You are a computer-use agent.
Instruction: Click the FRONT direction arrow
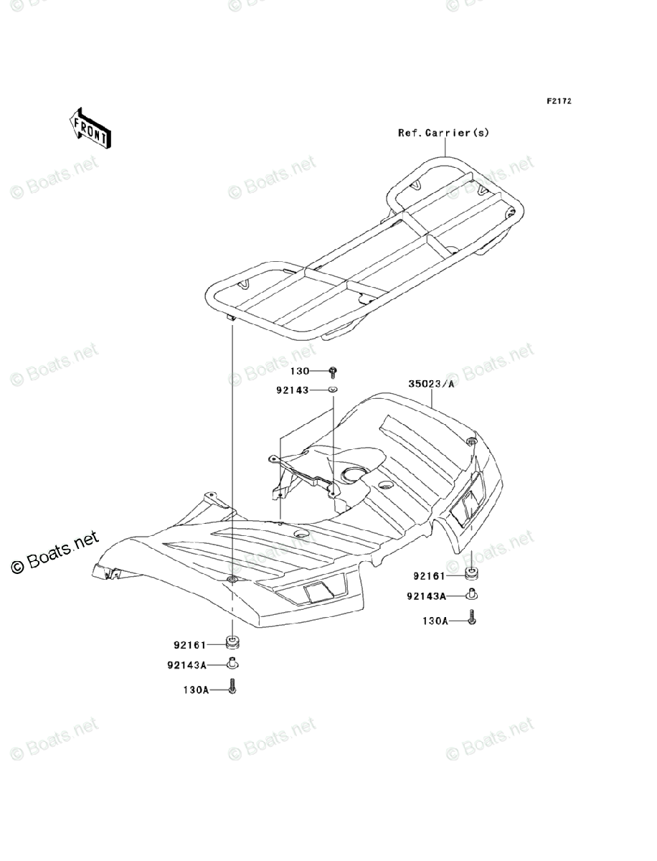coord(90,127)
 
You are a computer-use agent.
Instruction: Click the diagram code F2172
coord(559,101)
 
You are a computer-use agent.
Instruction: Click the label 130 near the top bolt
coord(299,371)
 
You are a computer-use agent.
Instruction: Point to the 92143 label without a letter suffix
coord(291,390)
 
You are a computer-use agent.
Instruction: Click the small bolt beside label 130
coord(333,371)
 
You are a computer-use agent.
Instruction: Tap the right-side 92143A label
coord(426,596)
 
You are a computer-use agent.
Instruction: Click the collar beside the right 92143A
coord(473,595)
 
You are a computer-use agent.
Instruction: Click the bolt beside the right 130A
coord(473,617)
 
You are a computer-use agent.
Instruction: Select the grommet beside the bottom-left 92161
coord(233,641)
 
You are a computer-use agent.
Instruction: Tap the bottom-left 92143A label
coord(186,665)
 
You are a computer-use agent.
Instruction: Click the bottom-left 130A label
coord(194,690)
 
